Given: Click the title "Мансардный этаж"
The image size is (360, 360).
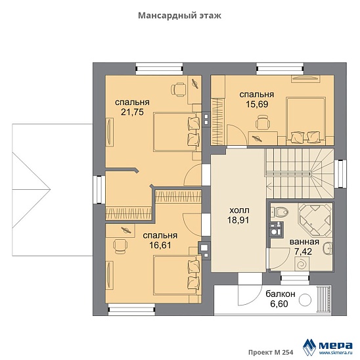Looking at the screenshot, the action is [179, 16].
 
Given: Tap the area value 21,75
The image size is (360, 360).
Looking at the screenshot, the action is [132, 112].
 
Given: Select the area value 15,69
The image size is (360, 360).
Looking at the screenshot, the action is [257, 104].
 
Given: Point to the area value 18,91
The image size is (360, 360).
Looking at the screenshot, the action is [238, 220].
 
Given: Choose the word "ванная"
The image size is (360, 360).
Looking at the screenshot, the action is [304, 242].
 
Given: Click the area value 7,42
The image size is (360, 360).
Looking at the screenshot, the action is [303, 252].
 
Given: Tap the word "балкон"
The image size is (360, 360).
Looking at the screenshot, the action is [281, 294].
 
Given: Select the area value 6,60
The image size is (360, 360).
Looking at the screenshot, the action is [279, 304].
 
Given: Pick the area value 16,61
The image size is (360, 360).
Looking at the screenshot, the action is [160, 246].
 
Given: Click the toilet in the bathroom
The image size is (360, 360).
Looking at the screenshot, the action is [279, 212].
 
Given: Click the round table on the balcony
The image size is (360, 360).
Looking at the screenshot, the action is [305, 300].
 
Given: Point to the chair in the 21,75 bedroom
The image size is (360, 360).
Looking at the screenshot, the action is [179, 89].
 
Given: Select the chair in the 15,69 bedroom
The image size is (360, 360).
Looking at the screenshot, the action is [262, 123].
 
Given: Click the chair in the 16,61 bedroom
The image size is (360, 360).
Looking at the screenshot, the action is [120, 246].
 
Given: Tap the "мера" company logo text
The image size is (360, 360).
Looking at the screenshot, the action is [336, 345].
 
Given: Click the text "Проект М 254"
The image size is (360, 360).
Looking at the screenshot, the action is [271, 352].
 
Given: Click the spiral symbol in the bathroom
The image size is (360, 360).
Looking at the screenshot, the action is [302, 264].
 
